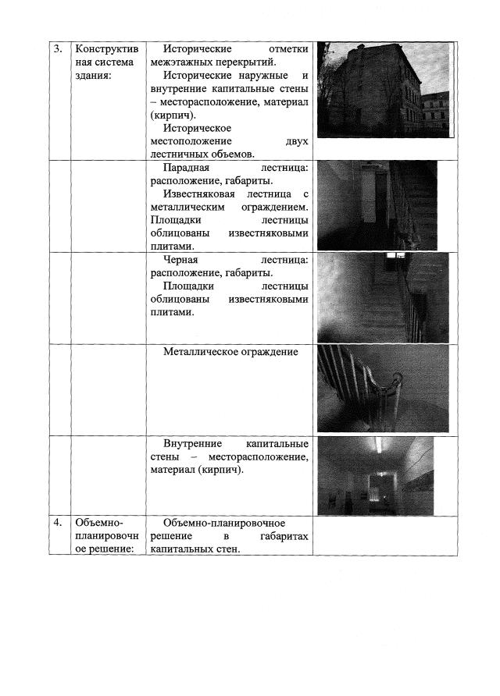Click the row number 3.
pyautogui.click(x=58, y=49)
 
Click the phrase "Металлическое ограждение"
pyautogui.click(x=231, y=352)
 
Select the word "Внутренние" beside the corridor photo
pyautogui.click(x=194, y=444)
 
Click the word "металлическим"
pyautogui.click(x=187, y=208)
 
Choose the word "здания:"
pyautogui.click(x=93, y=76)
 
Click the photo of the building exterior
pyautogui.click(x=383, y=90)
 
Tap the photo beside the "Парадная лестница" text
pyautogui.click(x=377, y=206)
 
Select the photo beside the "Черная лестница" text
pyautogui.click(x=383, y=297)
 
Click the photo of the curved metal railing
pyautogui.click(x=383, y=389)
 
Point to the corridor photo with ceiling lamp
pyautogui.click(x=377, y=474)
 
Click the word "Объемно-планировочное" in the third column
pyautogui.click(x=224, y=522)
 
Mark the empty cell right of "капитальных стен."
pyautogui.click(x=384, y=535)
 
